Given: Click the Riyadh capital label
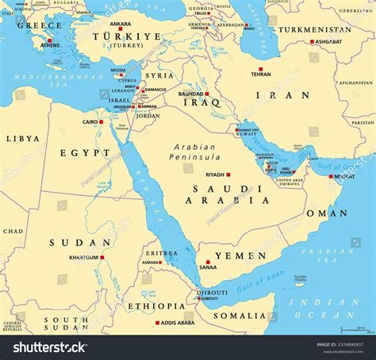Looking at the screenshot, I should coord(215,174).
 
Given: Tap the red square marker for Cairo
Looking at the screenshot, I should coord(101,121).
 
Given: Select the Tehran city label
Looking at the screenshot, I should coord(260,74).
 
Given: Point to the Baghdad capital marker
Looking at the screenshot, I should coord(207,94).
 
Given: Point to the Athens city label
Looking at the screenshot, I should coord(49,46).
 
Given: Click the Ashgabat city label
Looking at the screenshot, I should coord(326,41).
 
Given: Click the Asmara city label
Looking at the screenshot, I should coord(152,262).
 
